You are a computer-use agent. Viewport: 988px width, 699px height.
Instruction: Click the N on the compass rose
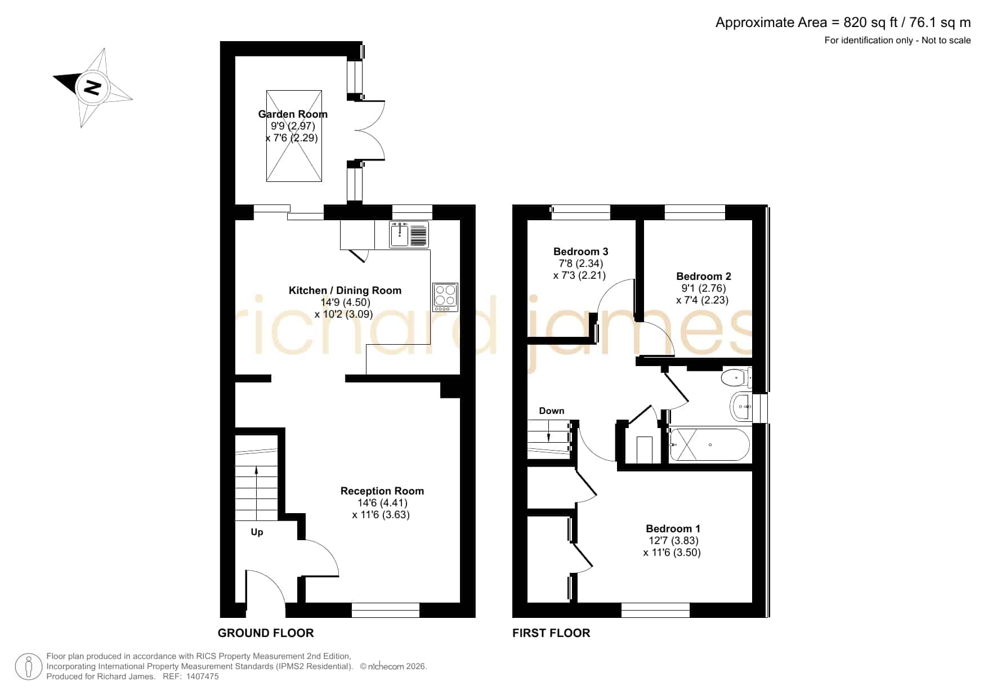92,88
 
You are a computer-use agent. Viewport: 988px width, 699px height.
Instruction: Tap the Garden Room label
293,114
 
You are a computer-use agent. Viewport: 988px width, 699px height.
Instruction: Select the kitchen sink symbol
409,234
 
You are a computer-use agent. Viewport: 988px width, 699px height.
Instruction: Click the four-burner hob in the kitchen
445,297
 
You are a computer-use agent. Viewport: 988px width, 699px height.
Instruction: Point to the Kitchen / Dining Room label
345,291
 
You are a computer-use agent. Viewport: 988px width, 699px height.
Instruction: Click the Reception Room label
382,491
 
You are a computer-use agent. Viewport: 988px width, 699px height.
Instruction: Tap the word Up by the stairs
257,532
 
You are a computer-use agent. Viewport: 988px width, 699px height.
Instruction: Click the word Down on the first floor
552,411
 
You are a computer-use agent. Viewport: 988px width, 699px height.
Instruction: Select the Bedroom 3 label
581,252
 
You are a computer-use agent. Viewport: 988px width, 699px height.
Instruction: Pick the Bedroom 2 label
704,277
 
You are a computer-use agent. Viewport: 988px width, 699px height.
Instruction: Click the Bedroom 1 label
673,529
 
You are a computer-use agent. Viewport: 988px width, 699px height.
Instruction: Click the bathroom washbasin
741,406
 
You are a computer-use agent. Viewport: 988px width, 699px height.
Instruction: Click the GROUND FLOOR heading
266,633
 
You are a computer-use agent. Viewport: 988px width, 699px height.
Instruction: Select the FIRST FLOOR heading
551,633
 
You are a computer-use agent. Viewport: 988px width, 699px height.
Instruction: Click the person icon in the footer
29,667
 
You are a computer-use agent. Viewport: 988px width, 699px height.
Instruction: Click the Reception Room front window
386,611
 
